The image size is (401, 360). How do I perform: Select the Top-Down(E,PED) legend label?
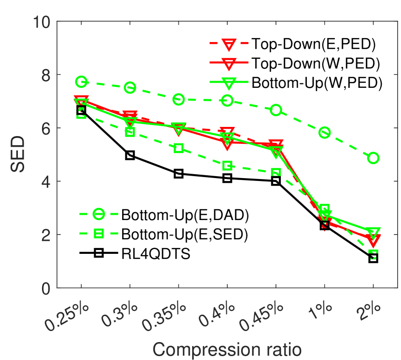coord(313,43)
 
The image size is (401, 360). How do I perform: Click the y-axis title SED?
coord(20,155)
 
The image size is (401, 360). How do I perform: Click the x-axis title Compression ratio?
coord(227,347)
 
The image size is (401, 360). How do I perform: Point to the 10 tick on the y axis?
coord(43,22)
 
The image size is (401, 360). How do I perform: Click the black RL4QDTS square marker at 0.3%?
coord(130,155)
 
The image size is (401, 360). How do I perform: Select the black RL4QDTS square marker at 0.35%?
coord(179,174)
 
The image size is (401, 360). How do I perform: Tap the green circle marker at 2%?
coord(373,158)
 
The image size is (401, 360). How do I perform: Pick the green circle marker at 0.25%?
coord(81,82)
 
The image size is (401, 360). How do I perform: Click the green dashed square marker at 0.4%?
coord(227,166)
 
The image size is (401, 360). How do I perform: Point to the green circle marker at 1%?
coord(324,133)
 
